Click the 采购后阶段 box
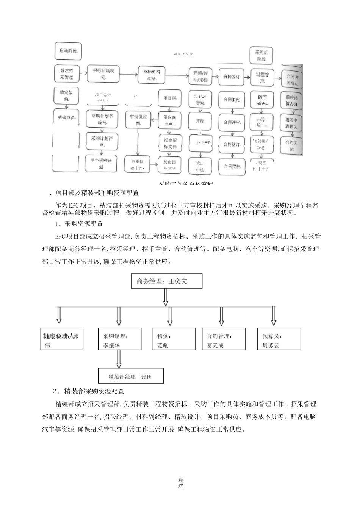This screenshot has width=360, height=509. pos(262,55)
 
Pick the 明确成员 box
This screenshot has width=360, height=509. pos(66,118)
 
